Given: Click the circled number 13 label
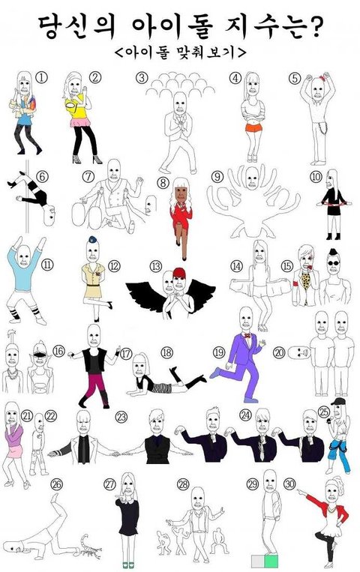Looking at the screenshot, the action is tap(155, 266).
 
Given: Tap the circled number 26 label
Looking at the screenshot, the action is tap(56, 484).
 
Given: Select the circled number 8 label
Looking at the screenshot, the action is tap(163, 182).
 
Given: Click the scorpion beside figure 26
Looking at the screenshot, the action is tap(89, 546).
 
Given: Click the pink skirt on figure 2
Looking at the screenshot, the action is tap(80, 123).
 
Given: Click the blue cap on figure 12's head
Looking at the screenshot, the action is tap(93, 239).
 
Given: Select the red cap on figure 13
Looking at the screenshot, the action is tap(179, 273).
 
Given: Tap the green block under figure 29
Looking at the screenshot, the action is tap(271, 561).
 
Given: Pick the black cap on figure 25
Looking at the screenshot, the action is tap(337, 402).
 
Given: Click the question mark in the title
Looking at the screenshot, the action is tap(313, 27).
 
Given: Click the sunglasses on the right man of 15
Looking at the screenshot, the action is tap(332, 262).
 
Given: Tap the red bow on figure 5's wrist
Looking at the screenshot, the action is tap(322, 78).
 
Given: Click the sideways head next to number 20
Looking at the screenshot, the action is tap(298, 352).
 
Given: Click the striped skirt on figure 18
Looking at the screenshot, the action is tap(162, 388).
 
